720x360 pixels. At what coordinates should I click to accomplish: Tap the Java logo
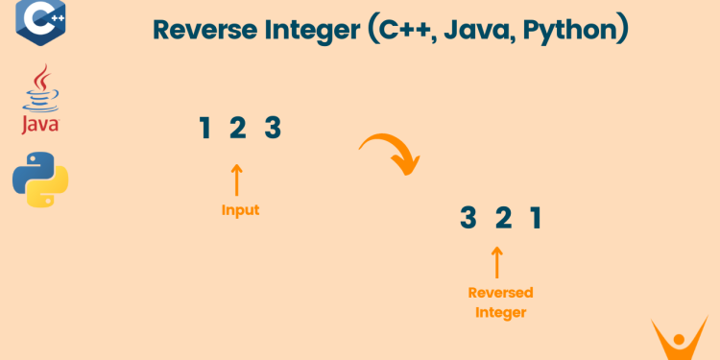pos(39,102)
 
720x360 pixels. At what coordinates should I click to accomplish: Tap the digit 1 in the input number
pos(204,128)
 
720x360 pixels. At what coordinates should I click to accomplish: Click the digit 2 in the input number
pos(238,128)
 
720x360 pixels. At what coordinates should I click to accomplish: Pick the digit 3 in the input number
pos(273,128)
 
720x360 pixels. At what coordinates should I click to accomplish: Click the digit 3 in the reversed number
pos(468,219)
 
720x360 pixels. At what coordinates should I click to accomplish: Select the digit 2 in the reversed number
pos(502,219)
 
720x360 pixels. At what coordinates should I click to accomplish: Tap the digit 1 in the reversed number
pos(536,219)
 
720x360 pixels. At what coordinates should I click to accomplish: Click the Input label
pos(240,210)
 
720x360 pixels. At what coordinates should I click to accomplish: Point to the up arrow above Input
pos(238,180)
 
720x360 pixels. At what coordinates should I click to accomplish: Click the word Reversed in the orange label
pos(500,293)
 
